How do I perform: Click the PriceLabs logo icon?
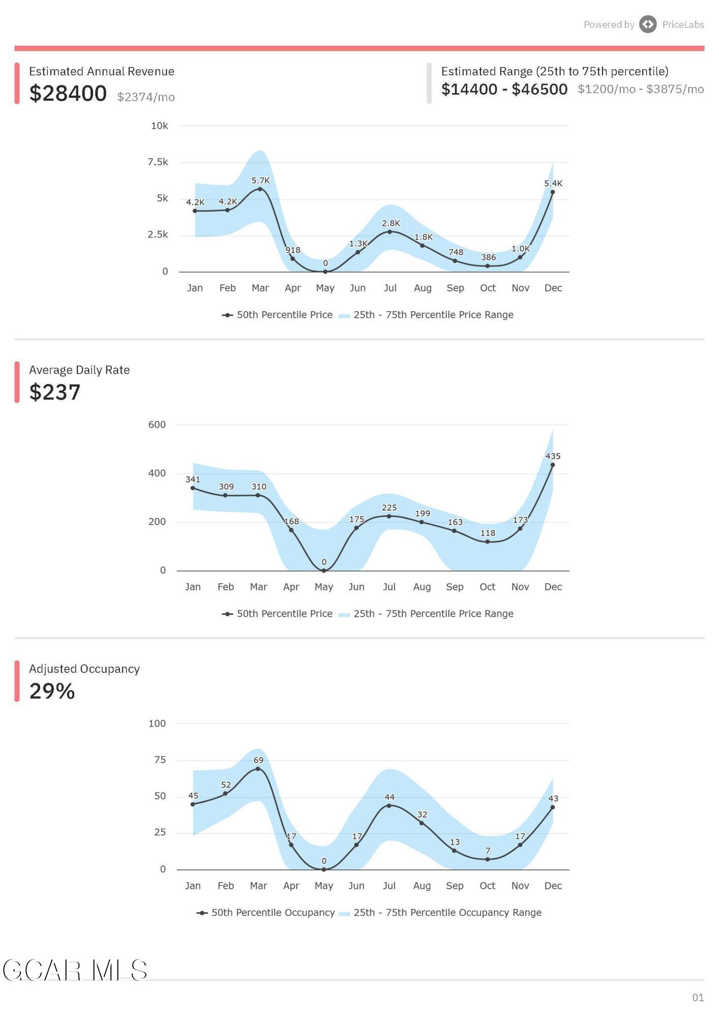point(648,24)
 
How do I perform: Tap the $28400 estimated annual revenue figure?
point(68,93)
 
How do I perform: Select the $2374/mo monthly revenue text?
point(146,97)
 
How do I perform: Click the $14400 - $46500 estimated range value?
point(504,89)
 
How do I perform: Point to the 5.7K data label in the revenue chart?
point(260,181)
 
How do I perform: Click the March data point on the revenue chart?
point(260,189)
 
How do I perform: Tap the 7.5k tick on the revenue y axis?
point(158,162)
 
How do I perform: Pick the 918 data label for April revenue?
point(293,250)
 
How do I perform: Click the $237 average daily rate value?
point(55,392)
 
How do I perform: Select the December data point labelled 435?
point(553,465)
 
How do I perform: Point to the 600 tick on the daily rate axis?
point(157,425)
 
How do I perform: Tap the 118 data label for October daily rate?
point(488,533)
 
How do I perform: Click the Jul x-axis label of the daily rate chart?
point(389,587)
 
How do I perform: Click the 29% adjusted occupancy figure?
point(52,691)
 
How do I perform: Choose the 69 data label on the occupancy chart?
point(258,760)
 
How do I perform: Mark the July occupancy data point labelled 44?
point(389,805)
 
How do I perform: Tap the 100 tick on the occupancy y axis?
point(157,724)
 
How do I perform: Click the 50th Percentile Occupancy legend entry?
point(266,913)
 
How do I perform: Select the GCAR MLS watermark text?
point(75,971)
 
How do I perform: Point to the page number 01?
point(698,998)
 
